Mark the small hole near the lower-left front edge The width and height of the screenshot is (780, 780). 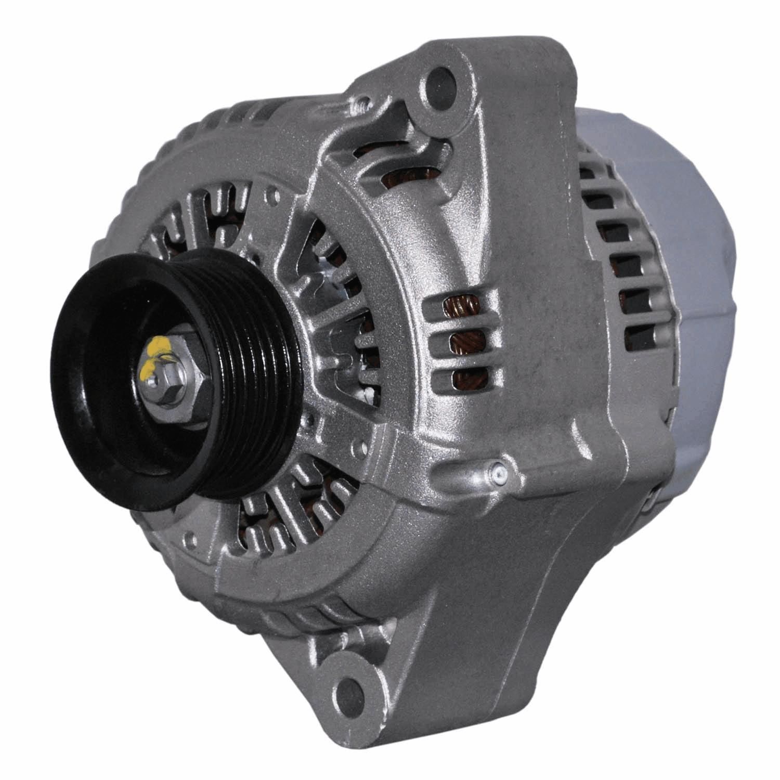pyautogui.click(x=194, y=533)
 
